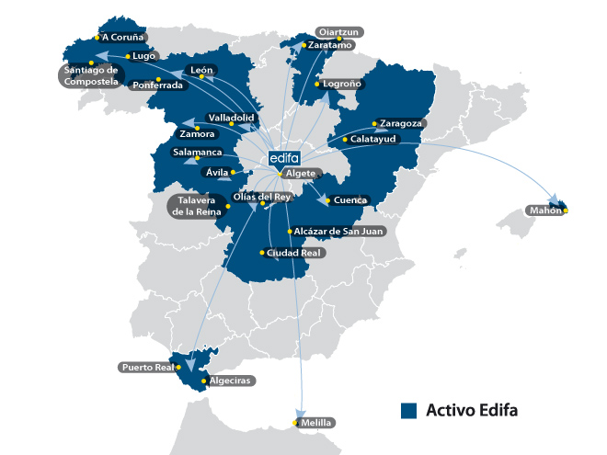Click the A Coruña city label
pyautogui.click(x=124, y=38)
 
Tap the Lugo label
pyautogui.click(x=143, y=56)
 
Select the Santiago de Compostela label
pyautogui.click(x=89, y=76)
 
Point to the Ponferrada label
pyautogui.click(x=158, y=85)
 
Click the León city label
pyautogui.click(x=201, y=70)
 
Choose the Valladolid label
pyautogui.click(x=232, y=119)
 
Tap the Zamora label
pyautogui.click(x=198, y=134)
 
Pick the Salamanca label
pyautogui.click(x=198, y=152)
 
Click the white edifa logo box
pyautogui.click(x=285, y=158)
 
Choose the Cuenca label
pyautogui.click(x=351, y=200)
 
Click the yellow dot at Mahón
pyautogui.click(x=567, y=211)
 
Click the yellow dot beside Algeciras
pyautogui.click(x=204, y=380)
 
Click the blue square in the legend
pyautogui.click(x=410, y=410)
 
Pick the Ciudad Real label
pyautogui.click(x=288, y=252)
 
